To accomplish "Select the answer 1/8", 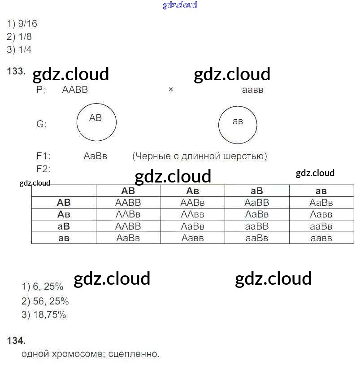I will [25, 37].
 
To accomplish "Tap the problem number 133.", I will [16, 71].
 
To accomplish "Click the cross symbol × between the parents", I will [171, 90].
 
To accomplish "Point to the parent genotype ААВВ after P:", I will [75, 90].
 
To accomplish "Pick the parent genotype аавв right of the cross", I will [252, 90].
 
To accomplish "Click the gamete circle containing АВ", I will [96, 122].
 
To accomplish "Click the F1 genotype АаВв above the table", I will [95, 156].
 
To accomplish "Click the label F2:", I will [43, 169].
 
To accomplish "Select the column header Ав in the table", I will [192, 191].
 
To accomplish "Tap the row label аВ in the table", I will [64, 226].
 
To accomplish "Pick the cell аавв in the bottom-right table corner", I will [321, 238].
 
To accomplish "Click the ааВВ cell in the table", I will [257, 226].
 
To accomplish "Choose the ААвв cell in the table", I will [192, 215].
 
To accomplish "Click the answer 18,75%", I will [49, 315].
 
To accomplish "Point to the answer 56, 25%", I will [51, 301].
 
